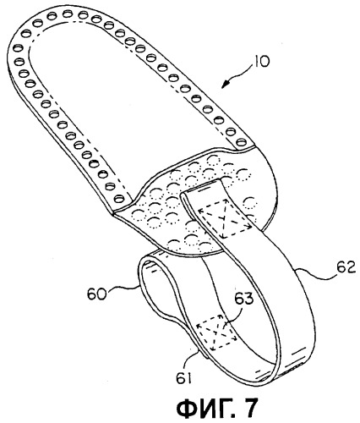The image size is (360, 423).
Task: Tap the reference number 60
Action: [96, 294]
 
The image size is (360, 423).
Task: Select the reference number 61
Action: [183, 377]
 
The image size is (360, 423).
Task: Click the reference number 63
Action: [243, 299]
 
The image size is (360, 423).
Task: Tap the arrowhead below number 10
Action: [226, 84]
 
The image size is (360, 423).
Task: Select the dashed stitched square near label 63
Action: [216, 332]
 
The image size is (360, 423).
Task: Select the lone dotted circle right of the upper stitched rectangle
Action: [250, 203]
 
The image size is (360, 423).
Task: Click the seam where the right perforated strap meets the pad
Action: [246, 148]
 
